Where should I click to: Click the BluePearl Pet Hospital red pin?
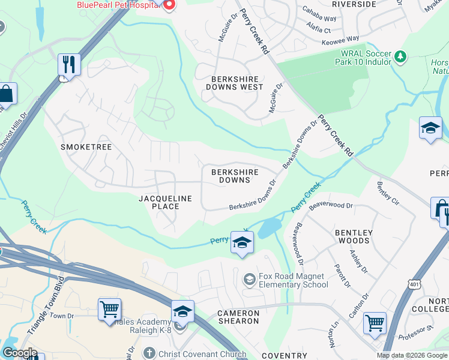tap(169, 5)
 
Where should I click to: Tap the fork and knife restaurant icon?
tap(69, 64)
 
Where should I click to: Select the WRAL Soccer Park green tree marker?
tap(400, 58)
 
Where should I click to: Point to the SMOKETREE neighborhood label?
tap(86, 146)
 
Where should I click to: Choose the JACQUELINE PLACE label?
tap(165, 202)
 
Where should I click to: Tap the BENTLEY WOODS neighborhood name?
tap(354, 236)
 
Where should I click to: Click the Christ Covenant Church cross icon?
tap(150, 353)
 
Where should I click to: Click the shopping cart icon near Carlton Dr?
tap(375, 323)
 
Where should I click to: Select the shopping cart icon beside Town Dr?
tap(109, 310)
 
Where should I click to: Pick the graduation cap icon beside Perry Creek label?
tap(242, 242)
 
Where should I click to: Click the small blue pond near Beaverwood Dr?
tap(270, 227)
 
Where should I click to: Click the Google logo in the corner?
tap(20, 353)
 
